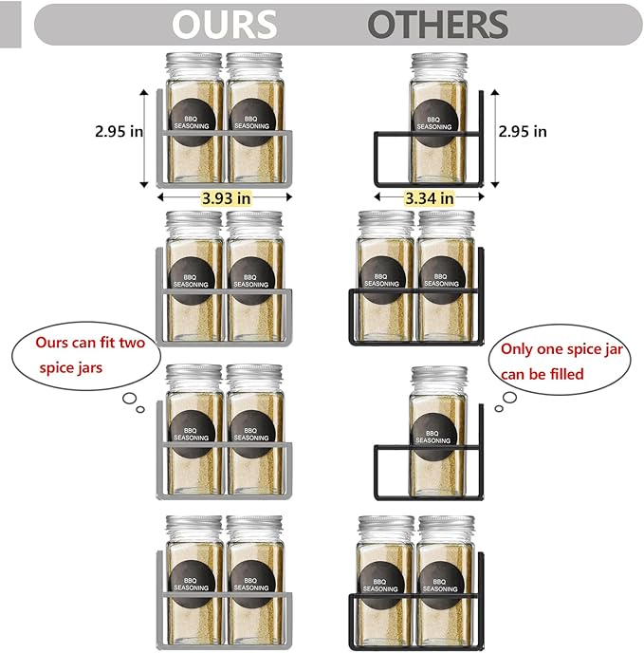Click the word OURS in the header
click(225, 24)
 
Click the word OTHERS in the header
click(437, 24)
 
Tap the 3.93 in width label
click(226, 198)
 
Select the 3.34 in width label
click(429, 198)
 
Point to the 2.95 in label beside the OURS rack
click(119, 132)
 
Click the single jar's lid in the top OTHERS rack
click(439, 65)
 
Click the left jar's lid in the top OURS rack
click(194, 65)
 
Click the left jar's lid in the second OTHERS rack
click(386, 222)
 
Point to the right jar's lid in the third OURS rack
click(254, 376)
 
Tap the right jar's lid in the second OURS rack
click(254, 222)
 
